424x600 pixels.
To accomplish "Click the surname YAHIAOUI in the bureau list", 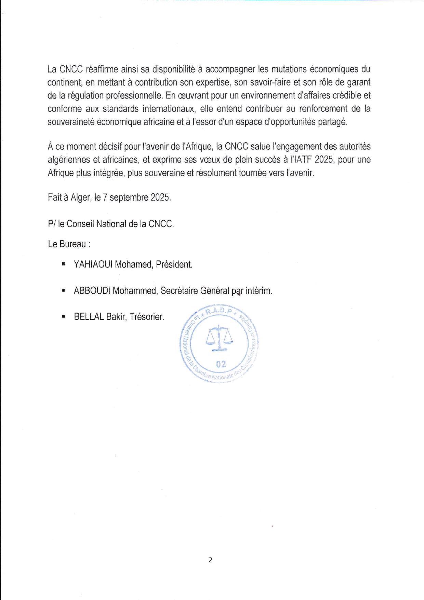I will [x=93, y=264].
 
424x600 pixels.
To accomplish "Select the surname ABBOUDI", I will [x=92, y=291].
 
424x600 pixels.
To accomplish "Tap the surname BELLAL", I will [x=89, y=317].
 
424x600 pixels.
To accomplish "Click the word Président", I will [x=174, y=264].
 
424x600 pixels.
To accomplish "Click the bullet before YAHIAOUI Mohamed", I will [x=63, y=264].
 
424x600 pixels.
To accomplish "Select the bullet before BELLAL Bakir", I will [x=63, y=317].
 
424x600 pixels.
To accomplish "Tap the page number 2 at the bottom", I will [x=210, y=560].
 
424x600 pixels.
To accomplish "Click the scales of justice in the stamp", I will [x=219, y=338].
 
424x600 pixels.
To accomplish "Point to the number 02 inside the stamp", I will [x=221, y=364].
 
